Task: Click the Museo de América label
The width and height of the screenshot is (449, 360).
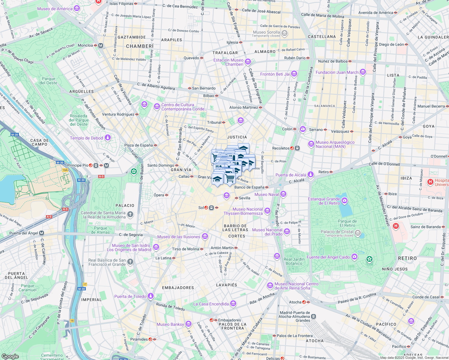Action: [x=55, y=9]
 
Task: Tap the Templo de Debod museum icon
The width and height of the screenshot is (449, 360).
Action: [x=108, y=138]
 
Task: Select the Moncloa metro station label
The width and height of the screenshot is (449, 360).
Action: [x=85, y=45]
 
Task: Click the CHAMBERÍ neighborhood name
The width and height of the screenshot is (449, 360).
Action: [x=140, y=46]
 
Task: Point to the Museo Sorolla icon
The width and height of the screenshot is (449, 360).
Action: [x=285, y=33]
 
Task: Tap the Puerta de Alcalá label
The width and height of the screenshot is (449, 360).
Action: [x=291, y=175]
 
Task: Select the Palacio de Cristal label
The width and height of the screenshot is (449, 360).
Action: [x=337, y=232]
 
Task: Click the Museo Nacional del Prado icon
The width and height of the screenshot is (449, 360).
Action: [x=287, y=231]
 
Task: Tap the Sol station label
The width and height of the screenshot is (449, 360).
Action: [x=201, y=208]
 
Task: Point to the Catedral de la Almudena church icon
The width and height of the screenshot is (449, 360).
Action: [x=130, y=214]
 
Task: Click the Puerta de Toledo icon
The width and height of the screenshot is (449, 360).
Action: [x=151, y=296]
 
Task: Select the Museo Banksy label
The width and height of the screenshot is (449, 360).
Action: [x=170, y=324]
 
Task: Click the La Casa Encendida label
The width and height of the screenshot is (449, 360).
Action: [x=211, y=304]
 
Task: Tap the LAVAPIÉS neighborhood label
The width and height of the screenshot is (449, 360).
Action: [x=227, y=285]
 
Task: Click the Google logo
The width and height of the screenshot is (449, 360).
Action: [x=10, y=356]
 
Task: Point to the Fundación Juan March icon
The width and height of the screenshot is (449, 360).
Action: [x=363, y=72]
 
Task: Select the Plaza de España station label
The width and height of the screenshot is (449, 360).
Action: [x=138, y=145]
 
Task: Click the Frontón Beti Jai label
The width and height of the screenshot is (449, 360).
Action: [x=275, y=74]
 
